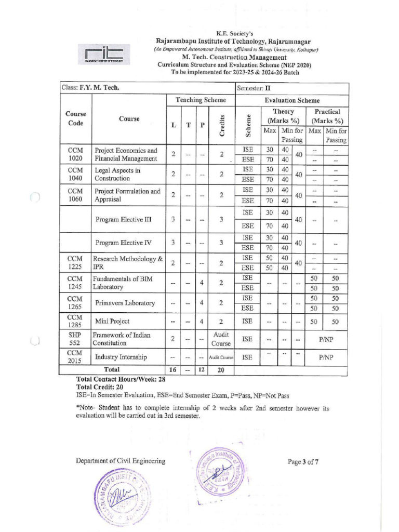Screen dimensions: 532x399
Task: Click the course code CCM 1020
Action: pos(75,154)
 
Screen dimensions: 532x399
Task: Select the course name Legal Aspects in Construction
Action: pos(117,174)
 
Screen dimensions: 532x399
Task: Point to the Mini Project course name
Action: pos(112,322)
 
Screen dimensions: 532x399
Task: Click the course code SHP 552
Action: pos(75,339)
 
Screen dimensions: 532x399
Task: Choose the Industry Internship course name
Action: pos(121,357)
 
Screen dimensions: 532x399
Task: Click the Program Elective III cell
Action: pos(124,219)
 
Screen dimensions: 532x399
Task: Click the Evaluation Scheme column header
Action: pos(292,100)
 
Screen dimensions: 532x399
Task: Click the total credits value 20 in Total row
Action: pos(221,370)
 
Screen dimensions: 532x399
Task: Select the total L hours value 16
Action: pos(173,370)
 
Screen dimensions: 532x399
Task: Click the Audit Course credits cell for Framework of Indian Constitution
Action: pos(221,339)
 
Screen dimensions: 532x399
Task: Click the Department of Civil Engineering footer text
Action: pos(121,461)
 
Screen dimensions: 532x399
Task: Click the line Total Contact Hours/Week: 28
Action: pos(121,379)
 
